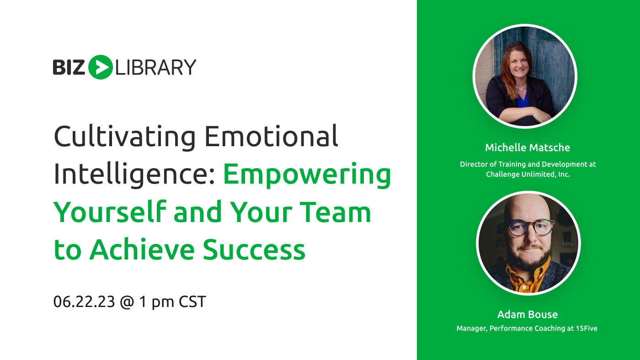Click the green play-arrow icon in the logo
coord(100,67)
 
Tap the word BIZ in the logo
coord(69,67)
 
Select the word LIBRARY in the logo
coord(156,67)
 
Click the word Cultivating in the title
coord(124,137)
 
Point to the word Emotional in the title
coord(271,137)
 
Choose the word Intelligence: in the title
coord(134,175)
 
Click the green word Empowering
coord(307,175)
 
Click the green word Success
coord(254,249)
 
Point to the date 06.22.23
coord(84,302)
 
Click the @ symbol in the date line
coord(127,302)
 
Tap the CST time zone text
coord(192,302)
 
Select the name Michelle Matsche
coord(528,148)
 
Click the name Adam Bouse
coord(528,314)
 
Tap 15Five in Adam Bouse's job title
coord(587,328)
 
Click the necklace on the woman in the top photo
coord(522,88)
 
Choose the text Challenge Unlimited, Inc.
coord(528,174)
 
